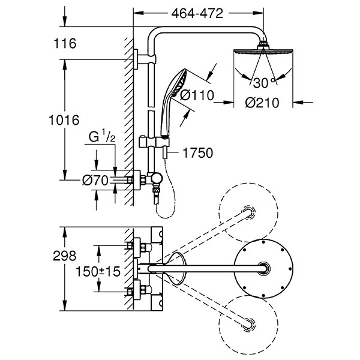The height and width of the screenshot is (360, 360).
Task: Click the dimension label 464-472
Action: click(197, 11)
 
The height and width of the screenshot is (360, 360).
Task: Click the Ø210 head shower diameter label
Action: click(262, 103)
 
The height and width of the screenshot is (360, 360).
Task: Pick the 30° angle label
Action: click(262, 83)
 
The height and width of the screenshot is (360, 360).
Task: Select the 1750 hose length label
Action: click(197, 154)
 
